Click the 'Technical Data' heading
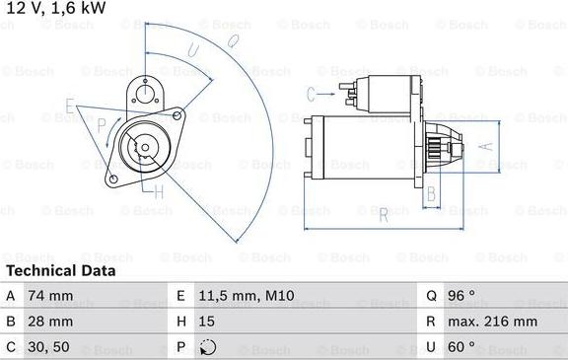(x=61, y=270)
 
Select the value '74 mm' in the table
(x=51, y=296)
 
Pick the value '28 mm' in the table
(x=51, y=322)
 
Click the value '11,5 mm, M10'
(x=246, y=296)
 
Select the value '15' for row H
(x=208, y=322)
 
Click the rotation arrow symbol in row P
(x=207, y=347)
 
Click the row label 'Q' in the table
(x=431, y=296)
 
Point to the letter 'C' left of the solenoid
(x=310, y=94)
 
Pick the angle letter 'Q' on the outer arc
(x=233, y=40)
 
